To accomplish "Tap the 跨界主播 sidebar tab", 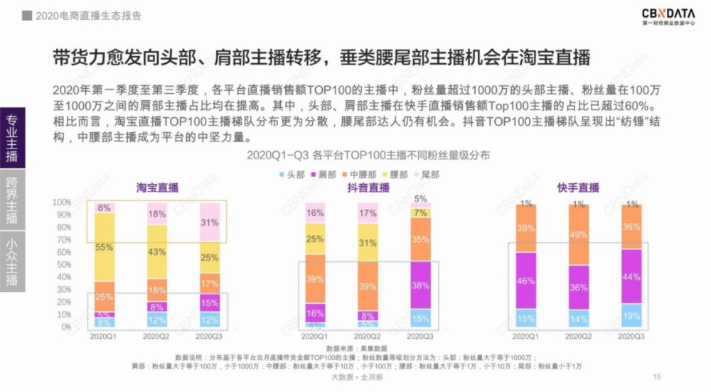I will [x=12, y=200].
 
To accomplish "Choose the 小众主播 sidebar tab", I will [x=12, y=261].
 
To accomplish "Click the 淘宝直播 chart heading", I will [x=158, y=188].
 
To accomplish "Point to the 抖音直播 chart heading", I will [x=368, y=188].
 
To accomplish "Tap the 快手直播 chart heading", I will [x=578, y=188].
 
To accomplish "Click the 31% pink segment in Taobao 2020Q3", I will [x=210, y=222].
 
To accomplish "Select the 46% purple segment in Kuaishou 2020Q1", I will [x=525, y=281].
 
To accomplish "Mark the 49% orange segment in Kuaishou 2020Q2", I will [x=578, y=235].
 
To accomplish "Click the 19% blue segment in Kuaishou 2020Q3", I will [x=630, y=316].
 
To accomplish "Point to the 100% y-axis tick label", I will [x=61, y=202].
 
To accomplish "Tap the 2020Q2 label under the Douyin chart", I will [x=368, y=337].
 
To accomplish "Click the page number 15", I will [x=656, y=376].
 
